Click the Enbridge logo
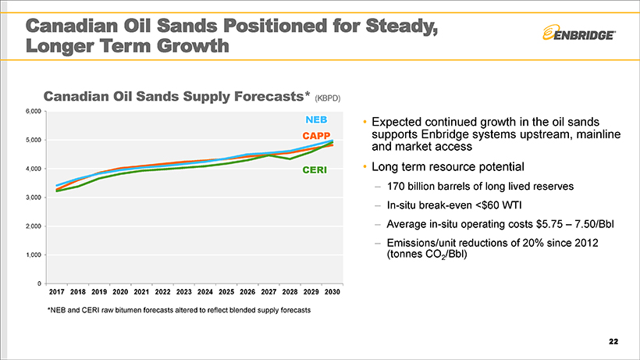coord(578,34)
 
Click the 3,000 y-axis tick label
coord(31,198)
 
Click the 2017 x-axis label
coord(56,291)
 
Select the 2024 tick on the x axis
coord(205,291)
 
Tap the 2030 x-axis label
coord(332,291)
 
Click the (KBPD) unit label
coord(327,99)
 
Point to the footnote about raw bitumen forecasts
coord(179,310)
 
